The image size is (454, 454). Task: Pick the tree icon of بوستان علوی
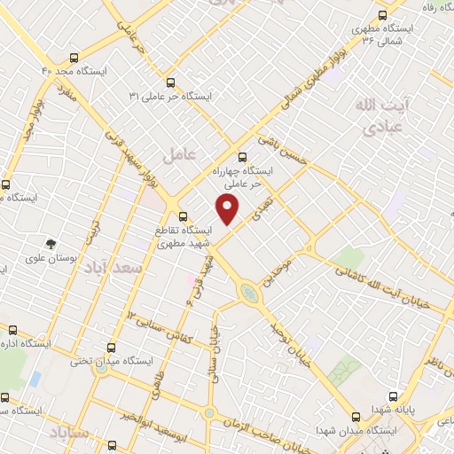tap(51, 241)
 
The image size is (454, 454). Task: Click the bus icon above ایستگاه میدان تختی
tap(110, 348)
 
